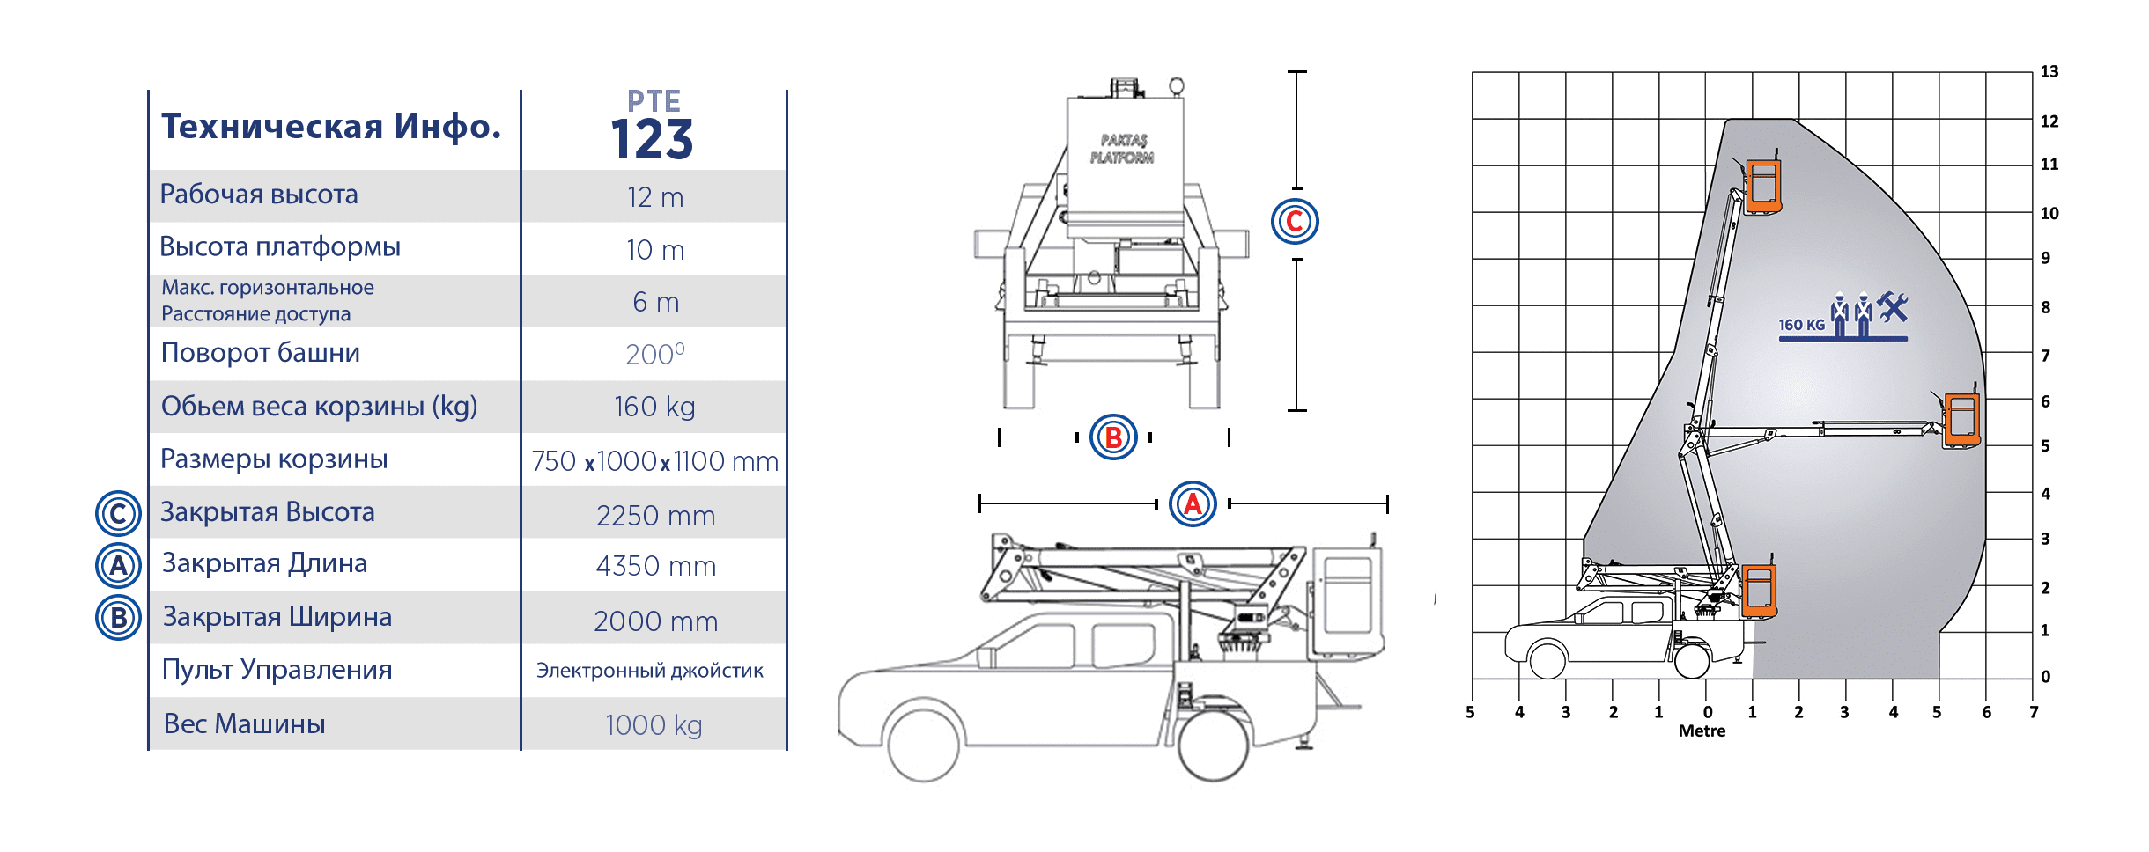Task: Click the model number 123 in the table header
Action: click(x=652, y=139)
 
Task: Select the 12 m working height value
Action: click(x=655, y=197)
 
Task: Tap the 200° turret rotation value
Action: click(x=655, y=354)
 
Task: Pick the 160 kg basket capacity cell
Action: click(x=654, y=407)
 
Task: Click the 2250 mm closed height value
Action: click(x=655, y=515)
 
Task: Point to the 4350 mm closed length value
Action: click(x=656, y=566)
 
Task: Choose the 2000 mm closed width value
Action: click(x=656, y=621)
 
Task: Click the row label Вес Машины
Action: click(x=245, y=723)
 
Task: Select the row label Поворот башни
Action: click(x=261, y=353)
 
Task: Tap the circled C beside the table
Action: click(x=118, y=514)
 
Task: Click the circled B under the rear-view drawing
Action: click(x=1113, y=437)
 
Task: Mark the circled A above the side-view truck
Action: click(x=1193, y=503)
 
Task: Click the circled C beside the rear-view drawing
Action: click(x=1295, y=221)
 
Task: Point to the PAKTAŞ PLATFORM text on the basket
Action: click(x=1122, y=149)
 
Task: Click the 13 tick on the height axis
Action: click(x=2049, y=71)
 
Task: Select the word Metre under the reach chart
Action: click(x=1702, y=731)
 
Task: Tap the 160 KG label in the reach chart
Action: click(x=1802, y=325)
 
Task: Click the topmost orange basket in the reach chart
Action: click(x=1763, y=186)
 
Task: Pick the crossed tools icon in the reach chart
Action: click(x=1893, y=306)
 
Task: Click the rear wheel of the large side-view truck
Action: click(x=1213, y=745)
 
